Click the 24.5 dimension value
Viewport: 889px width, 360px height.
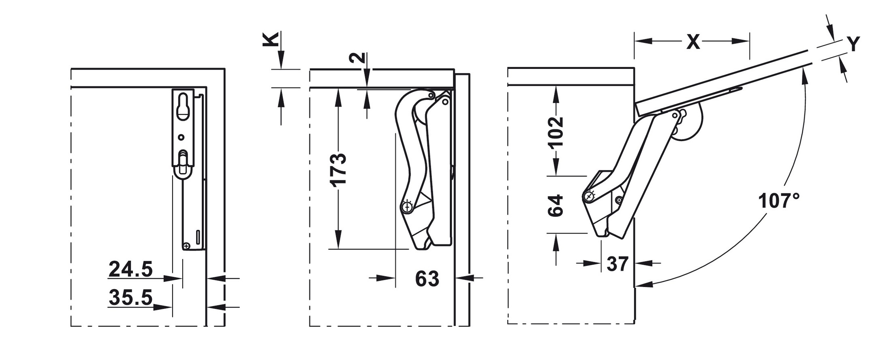tap(130, 269)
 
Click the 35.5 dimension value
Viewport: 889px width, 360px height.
tap(130, 298)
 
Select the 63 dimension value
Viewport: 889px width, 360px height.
tap(427, 279)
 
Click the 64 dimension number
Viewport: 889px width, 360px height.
tap(556, 206)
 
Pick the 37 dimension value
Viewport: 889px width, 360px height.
tap(618, 264)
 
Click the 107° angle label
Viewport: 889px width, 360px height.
tap(779, 201)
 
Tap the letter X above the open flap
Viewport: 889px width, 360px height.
tap(693, 42)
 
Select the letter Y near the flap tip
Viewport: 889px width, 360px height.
tap(853, 44)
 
